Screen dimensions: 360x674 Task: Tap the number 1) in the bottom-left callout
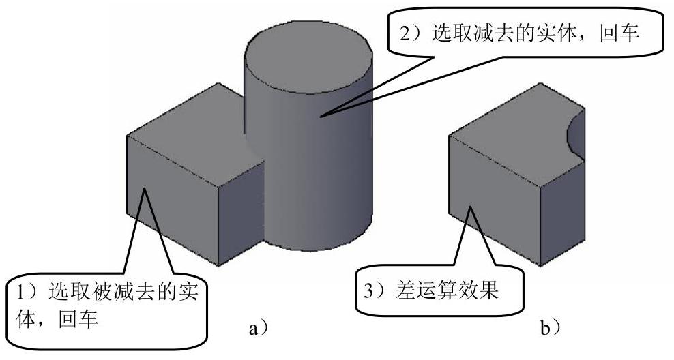pyautogui.click(x=29, y=294)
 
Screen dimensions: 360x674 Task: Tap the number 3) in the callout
pyautogui.click(x=372, y=291)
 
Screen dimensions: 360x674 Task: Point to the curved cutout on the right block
pyautogui.click(x=576, y=132)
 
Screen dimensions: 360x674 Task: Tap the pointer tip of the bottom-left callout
pyautogui.click(x=144, y=187)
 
